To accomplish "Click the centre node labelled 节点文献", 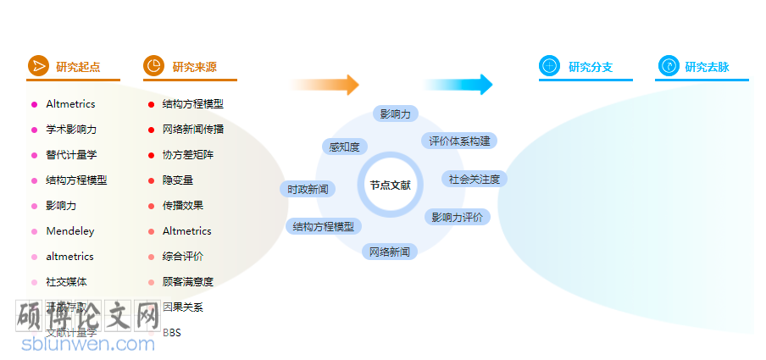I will [x=390, y=184].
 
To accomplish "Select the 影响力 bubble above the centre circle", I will [x=395, y=114].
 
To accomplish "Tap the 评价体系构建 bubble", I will [x=459, y=141].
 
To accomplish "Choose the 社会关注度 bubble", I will [x=475, y=179].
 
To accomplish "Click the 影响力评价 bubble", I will [x=457, y=217].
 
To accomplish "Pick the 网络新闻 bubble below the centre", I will [x=390, y=252].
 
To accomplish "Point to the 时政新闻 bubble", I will [x=307, y=189].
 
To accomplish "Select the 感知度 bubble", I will [x=344, y=147].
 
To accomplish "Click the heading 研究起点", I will [x=78, y=67].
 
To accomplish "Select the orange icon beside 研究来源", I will [x=153, y=66].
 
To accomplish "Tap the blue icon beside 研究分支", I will [x=549, y=66].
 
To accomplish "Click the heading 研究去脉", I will [x=707, y=67].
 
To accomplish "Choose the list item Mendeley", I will [x=70, y=231].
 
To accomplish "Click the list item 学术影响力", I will [x=71, y=130].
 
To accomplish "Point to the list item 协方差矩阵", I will [x=188, y=155].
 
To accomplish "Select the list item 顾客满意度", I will [x=188, y=282].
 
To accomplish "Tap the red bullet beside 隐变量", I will [x=151, y=180].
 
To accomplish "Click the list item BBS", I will [x=172, y=333].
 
